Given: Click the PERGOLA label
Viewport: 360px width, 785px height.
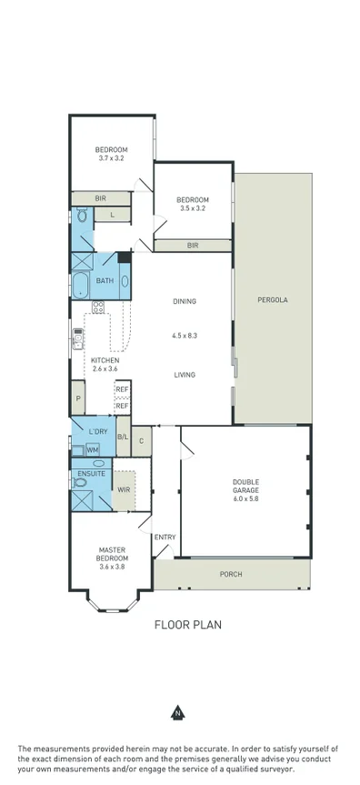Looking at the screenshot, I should point(272,299).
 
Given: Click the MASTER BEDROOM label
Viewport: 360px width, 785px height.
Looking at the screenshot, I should point(114,552).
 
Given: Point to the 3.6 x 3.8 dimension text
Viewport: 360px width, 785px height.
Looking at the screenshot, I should point(114,567).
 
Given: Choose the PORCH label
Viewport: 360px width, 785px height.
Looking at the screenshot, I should point(232,574).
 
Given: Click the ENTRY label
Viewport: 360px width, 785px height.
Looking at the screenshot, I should point(165,537).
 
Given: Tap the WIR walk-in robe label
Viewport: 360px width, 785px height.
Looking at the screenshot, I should point(124,489).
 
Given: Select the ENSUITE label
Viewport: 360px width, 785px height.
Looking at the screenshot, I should point(92,474).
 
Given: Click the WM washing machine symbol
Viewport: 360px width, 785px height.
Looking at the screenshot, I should point(92,449).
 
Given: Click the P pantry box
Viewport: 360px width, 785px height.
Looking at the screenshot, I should point(78,398).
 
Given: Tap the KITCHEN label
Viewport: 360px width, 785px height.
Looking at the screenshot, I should point(105,360).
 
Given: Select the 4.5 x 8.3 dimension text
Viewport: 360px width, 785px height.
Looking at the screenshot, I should point(185,336).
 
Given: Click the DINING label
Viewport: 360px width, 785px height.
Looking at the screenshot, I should point(185,301).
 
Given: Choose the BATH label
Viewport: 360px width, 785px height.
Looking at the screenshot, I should point(105,281).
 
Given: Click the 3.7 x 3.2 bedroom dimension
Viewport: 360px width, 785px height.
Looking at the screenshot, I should point(112,158).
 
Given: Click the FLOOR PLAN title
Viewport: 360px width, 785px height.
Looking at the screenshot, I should point(187,625).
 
